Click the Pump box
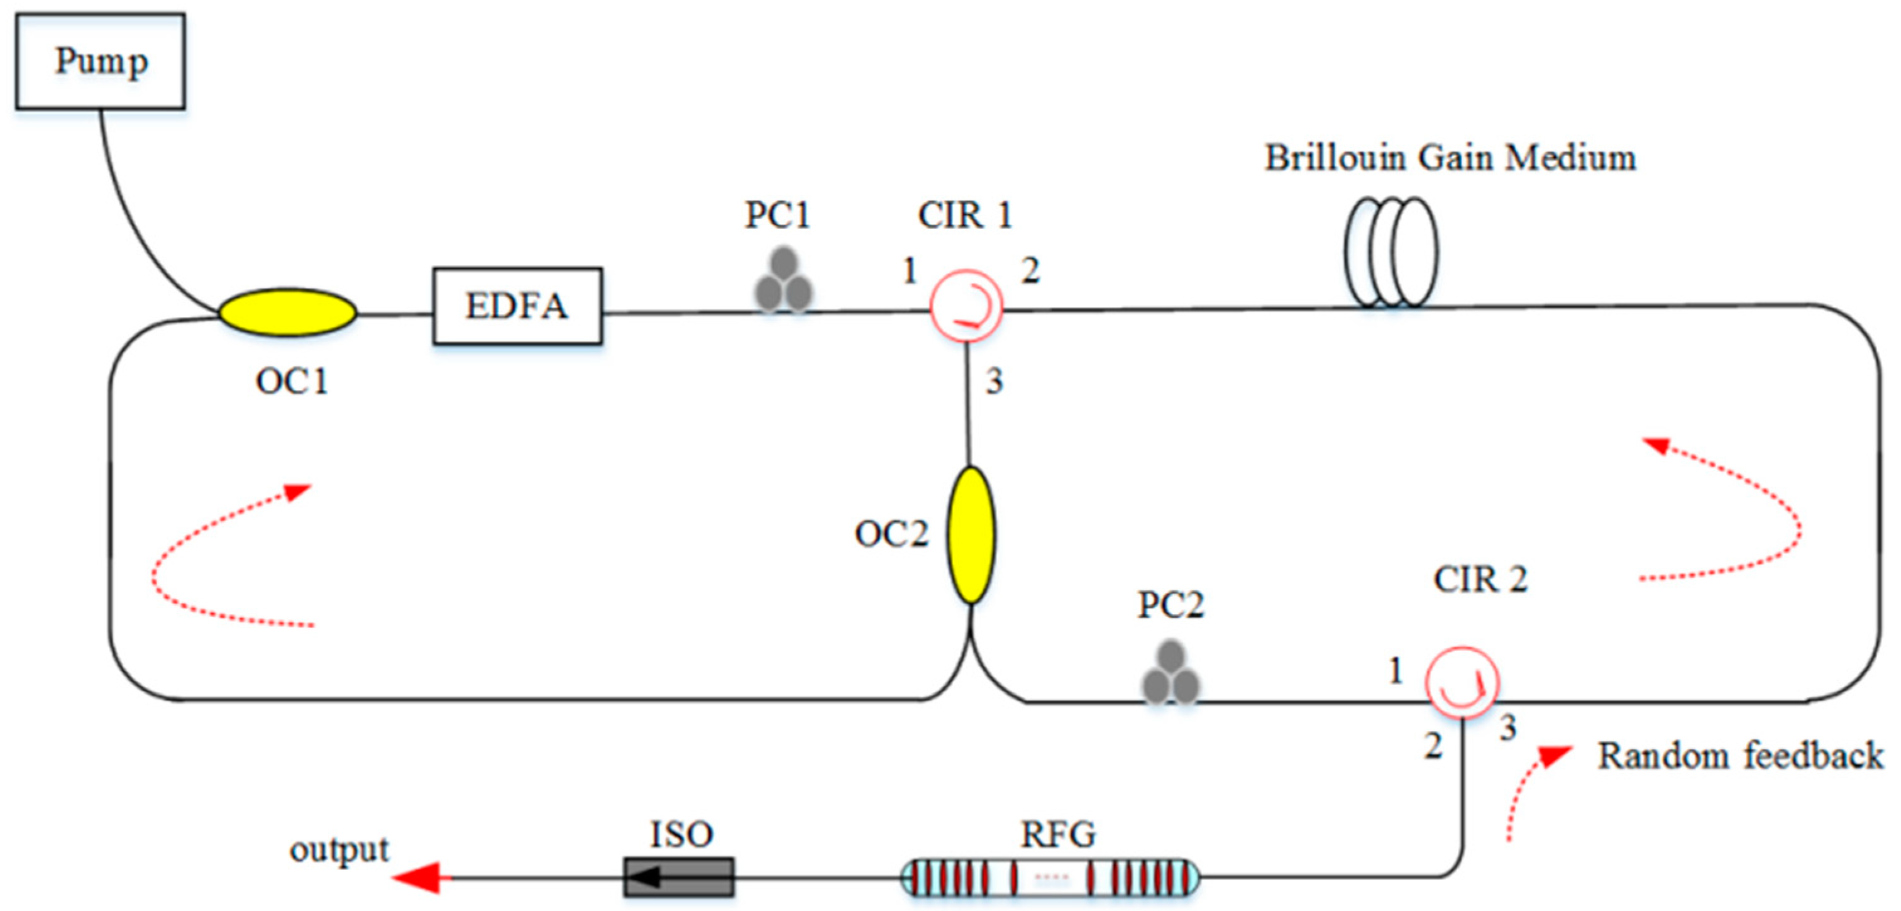coord(101,61)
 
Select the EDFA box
coord(517,306)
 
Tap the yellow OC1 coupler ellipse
coord(287,312)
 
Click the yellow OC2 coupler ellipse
coord(971,534)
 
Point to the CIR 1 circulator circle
coord(965,305)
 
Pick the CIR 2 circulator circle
coord(1460,683)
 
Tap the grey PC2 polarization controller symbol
coord(1171,674)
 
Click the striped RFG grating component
coord(1050,878)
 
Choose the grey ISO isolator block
coord(678,877)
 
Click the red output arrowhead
coord(417,878)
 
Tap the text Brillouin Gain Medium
coord(1450,158)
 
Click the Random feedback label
coord(1740,756)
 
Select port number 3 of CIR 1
coord(994,382)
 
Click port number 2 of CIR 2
coord(1433,746)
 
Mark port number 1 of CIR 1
coord(909,271)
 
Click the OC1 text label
coord(292,382)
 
